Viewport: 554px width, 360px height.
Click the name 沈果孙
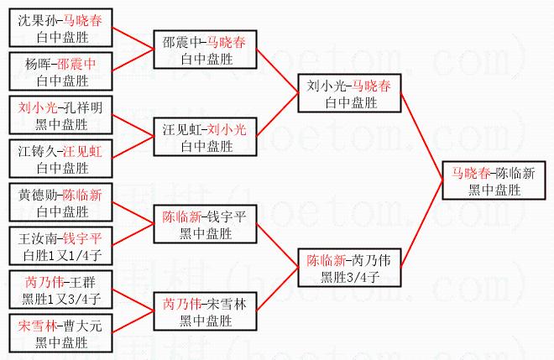point(37,20)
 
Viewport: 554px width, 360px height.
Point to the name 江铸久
point(37,152)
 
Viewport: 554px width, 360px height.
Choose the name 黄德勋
point(37,195)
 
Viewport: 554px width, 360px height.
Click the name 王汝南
point(37,239)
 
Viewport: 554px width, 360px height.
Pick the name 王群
point(82,282)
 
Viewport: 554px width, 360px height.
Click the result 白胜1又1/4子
point(62,255)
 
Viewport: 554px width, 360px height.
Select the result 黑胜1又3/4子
point(61,299)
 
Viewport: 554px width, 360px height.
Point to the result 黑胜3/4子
point(350,277)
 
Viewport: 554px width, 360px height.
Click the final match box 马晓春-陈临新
point(494,180)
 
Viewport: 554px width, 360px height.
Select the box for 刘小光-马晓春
point(349,93)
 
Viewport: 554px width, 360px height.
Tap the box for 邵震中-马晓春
point(206,50)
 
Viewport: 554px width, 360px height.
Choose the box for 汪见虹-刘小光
point(206,137)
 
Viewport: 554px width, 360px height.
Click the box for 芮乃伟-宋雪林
point(206,311)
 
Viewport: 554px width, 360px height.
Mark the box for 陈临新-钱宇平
point(206,224)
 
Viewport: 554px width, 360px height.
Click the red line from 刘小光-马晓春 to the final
point(421,137)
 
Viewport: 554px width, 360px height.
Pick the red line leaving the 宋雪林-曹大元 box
point(133,322)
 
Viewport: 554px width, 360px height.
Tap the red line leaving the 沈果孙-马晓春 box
point(133,38)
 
